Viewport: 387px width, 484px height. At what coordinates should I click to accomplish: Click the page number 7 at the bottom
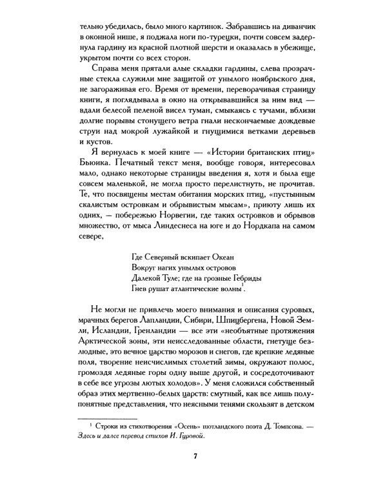[x=194, y=458]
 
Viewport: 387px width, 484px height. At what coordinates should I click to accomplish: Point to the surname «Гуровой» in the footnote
[x=190, y=438]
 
